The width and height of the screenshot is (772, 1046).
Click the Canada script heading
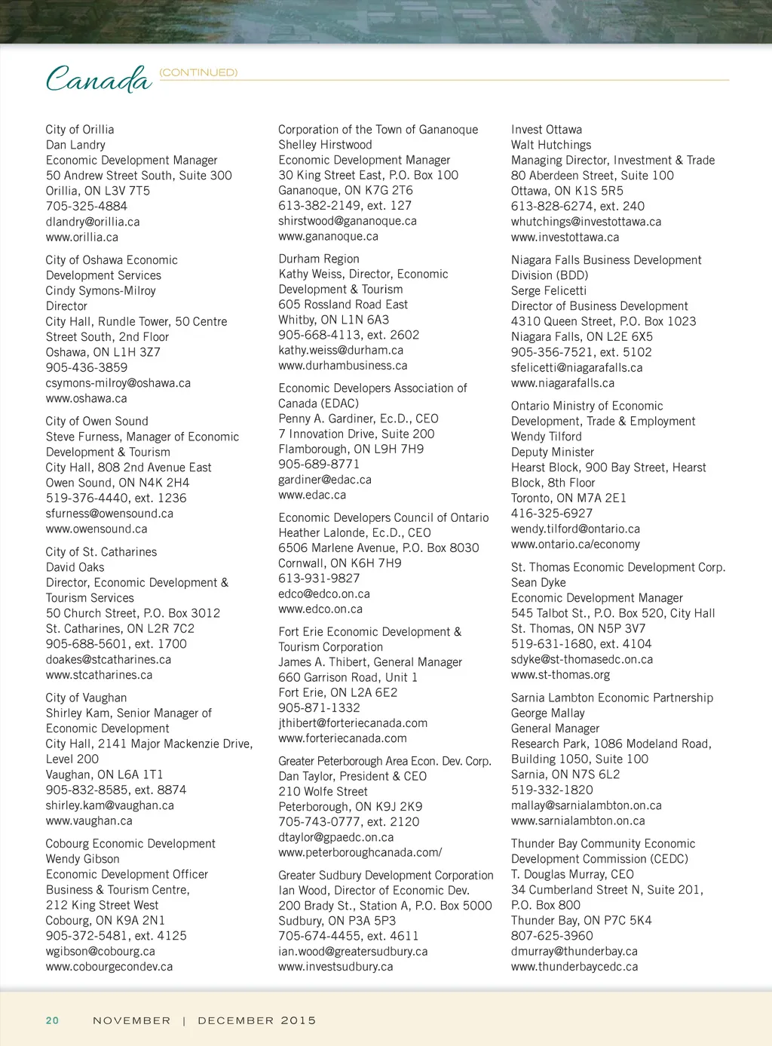[98, 78]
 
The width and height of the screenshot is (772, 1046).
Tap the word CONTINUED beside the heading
[198, 72]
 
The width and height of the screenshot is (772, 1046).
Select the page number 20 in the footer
[52, 1020]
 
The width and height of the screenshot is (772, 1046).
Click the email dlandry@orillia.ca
[93, 222]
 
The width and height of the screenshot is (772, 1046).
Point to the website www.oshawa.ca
[86, 398]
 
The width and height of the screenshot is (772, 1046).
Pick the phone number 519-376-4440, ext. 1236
[116, 498]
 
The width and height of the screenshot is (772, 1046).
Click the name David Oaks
[75, 567]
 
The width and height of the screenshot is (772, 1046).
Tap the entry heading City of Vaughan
[86, 698]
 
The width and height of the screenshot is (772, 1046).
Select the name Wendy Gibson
[82, 858]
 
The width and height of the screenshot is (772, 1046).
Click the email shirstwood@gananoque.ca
[348, 221]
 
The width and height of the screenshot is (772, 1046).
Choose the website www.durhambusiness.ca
[343, 365]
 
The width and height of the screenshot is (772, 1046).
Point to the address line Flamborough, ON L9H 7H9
[351, 449]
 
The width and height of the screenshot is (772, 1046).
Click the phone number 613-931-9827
[319, 578]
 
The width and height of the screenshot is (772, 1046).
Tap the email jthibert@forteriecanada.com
[353, 722]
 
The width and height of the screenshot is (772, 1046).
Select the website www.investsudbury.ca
[335, 966]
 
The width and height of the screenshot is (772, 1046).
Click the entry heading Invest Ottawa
[547, 129]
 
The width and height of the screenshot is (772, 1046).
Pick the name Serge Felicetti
[549, 290]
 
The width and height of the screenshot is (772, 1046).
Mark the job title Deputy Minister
[553, 452]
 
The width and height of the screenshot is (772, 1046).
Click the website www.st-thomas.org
[560, 674]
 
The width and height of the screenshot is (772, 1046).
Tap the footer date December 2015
[256, 1020]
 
